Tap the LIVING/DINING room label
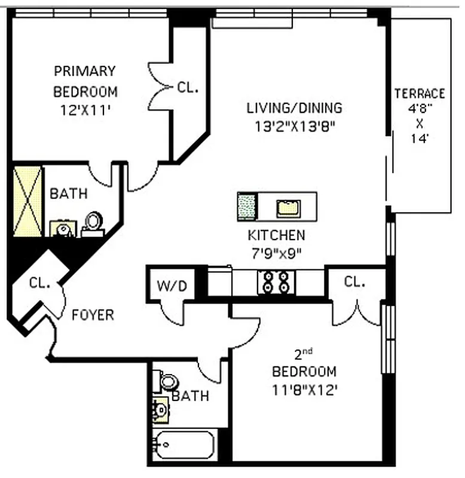294,108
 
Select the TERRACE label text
420,94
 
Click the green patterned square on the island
247,207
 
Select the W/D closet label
172,286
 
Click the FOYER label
93,314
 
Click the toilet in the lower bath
169,381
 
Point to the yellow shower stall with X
28,201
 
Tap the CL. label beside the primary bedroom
187,87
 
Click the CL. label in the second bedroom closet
355,281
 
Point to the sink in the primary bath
62,228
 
